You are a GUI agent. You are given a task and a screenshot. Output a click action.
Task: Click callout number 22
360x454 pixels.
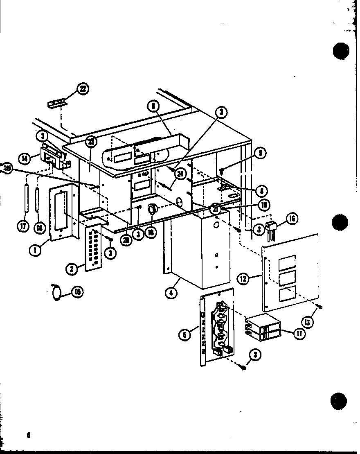point(83,89)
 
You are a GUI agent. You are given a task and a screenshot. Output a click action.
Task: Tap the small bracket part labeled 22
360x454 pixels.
point(56,103)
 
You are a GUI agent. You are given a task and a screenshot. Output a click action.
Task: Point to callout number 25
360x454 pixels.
point(6,168)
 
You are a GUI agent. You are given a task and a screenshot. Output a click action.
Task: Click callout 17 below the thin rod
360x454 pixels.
point(24,226)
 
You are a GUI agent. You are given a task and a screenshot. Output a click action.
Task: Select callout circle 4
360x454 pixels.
point(171,293)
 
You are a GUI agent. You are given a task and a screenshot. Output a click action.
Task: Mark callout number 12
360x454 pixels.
point(244,280)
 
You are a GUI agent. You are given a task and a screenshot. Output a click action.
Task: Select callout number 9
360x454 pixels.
point(260,154)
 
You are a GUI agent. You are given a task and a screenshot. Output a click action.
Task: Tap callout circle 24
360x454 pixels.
point(179,173)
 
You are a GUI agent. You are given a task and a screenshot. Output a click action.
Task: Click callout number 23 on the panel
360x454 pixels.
point(91,142)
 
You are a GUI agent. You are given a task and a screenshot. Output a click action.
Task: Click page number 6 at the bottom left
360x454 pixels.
point(29,435)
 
